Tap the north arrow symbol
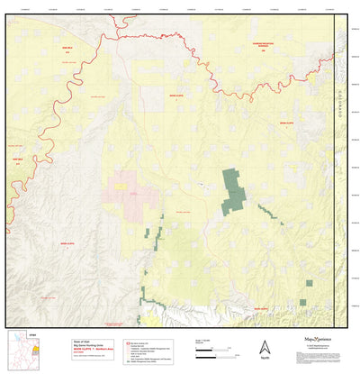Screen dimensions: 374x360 pyautogui.click(x=265, y=346)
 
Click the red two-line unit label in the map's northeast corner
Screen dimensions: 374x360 pyautogui.click(x=263, y=49)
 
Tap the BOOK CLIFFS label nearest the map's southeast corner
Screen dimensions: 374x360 pyautogui.click(x=261, y=309)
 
